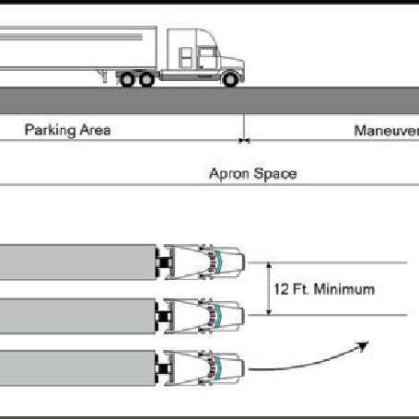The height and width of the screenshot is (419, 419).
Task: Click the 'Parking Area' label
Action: pos(67,130)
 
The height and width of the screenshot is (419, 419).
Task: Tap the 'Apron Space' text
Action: pos(252,173)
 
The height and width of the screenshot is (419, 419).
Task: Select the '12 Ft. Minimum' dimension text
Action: pos(324,288)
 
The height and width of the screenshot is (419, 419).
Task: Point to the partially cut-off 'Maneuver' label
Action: pos(386,130)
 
